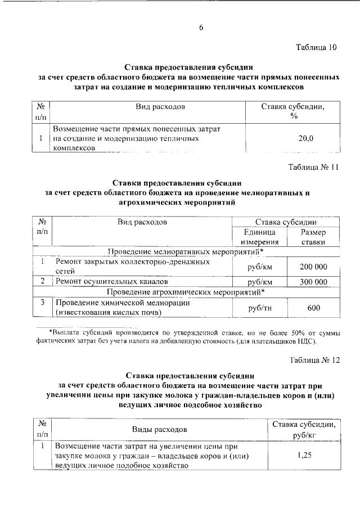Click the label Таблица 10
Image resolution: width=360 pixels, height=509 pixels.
[316, 48]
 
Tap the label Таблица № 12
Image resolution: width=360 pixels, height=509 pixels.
[313, 360]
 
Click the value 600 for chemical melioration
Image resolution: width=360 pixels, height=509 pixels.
[313, 308]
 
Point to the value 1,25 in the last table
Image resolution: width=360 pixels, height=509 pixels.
[305, 457]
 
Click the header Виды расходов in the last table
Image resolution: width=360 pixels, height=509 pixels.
[159, 430]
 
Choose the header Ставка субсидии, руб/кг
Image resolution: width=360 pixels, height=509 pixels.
[305, 430]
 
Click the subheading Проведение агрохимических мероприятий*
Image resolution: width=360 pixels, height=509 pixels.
[185, 292]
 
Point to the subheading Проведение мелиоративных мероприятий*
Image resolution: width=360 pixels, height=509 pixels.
[185, 251]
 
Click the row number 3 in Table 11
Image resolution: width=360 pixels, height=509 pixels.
[42, 303]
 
